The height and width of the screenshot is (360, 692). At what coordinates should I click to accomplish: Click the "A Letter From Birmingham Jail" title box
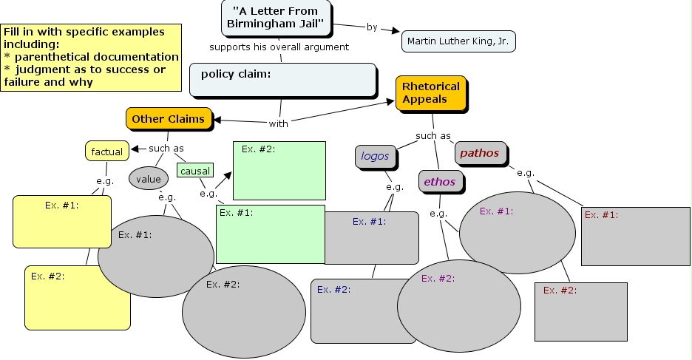(275, 18)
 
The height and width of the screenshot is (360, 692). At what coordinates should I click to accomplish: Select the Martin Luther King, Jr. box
(458, 41)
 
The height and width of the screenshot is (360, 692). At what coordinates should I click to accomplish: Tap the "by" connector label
(372, 27)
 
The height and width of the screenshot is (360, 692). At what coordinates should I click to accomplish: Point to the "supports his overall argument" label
(279, 47)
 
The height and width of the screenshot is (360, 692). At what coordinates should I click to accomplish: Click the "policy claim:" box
(282, 80)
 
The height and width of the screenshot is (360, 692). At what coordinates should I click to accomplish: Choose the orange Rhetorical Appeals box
(431, 93)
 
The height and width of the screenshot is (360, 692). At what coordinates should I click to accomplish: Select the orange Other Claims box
(168, 118)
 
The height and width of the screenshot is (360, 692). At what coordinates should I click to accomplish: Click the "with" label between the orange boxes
(279, 123)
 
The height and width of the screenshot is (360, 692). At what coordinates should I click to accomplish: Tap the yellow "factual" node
(106, 152)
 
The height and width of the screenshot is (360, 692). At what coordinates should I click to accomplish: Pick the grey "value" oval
(148, 178)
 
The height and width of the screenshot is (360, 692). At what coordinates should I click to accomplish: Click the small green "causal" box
(194, 171)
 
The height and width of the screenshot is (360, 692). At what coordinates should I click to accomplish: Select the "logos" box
(375, 156)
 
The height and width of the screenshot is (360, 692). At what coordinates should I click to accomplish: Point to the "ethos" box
(439, 181)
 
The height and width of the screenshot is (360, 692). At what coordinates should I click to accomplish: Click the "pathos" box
(480, 153)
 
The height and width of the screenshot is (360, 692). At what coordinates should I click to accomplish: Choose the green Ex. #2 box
(279, 171)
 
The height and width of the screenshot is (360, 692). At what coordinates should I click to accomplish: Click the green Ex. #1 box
(270, 234)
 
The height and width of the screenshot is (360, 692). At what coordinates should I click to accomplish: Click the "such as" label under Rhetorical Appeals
(432, 136)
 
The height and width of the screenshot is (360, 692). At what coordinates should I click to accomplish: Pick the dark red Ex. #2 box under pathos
(580, 311)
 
